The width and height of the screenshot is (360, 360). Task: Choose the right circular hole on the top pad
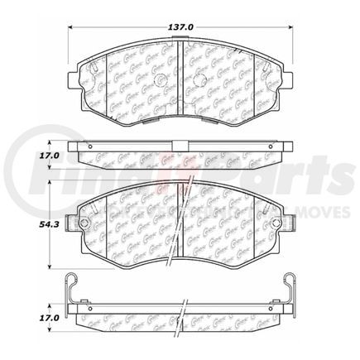coord(204,80)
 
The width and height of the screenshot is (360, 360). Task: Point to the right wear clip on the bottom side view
coord(286,290)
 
